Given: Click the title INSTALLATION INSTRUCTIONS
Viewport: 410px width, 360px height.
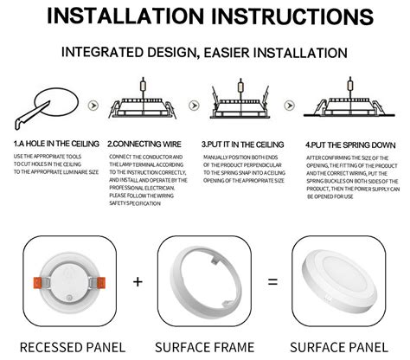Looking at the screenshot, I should pos(204,18).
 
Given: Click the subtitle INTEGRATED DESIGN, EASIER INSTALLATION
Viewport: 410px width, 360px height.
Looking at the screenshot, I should pos(204,53).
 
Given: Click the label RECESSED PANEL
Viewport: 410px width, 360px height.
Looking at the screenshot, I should pos(72,347).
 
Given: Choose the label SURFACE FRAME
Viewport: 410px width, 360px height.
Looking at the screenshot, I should pos(204,347).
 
